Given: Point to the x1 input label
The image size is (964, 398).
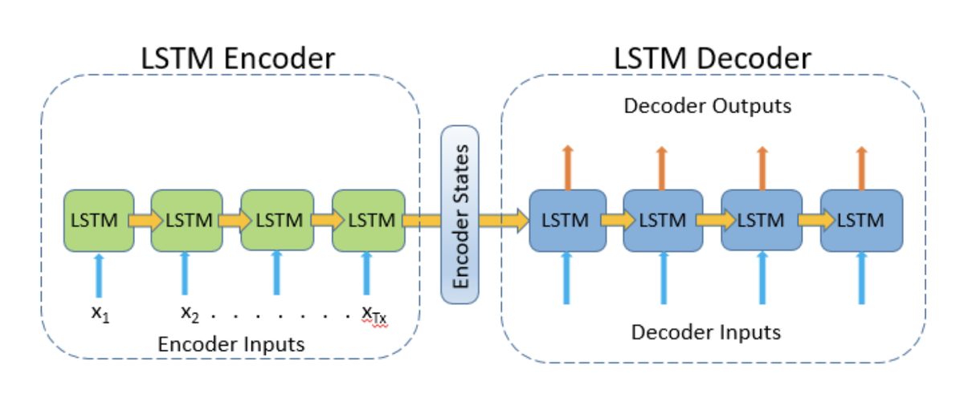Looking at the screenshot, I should (x=99, y=313).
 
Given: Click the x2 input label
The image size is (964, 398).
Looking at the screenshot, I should (x=190, y=313).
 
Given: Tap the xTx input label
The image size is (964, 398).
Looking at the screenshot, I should (x=374, y=315).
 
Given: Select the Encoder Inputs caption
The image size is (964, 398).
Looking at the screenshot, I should (x=231, y=344).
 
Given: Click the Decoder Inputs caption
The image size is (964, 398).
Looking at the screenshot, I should (x=705, y=331).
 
